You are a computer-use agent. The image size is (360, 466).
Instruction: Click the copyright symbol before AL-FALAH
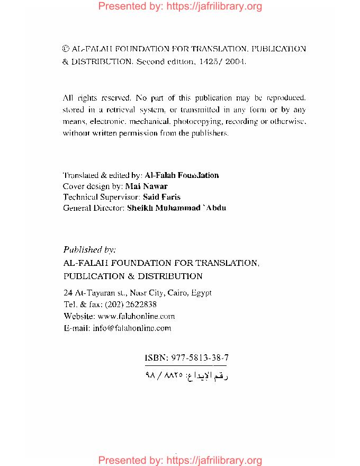coord(66,49)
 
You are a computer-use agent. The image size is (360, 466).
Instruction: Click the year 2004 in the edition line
coord(235,61)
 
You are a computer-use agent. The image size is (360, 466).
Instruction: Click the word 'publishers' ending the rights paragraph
coord(210,133)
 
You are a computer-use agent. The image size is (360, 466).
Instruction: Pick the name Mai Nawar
coord(146,186)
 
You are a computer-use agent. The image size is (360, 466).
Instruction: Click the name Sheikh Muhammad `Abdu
coord(177,208)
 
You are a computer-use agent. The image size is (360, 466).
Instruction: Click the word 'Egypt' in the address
coord(202,292)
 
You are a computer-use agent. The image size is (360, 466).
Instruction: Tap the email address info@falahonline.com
coord(132,328)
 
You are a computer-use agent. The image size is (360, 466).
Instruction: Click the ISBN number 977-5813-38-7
coord(199,358)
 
